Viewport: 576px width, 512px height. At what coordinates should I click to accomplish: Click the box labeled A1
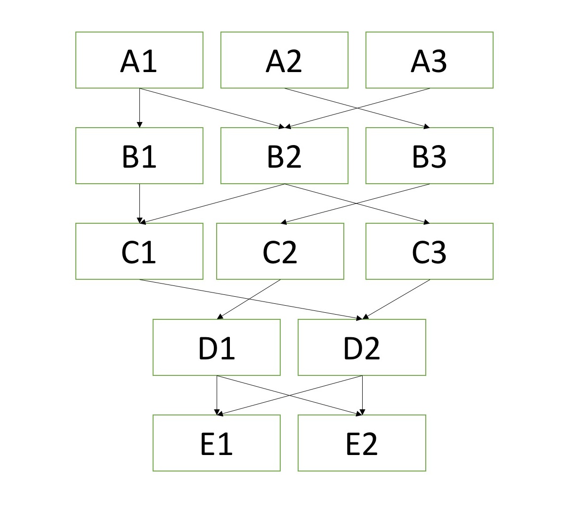point(139,60)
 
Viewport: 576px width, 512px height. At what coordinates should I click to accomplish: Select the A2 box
point(284,60)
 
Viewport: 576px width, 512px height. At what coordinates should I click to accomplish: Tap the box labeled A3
point(430,60)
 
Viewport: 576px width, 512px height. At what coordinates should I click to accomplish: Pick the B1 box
point(139,155)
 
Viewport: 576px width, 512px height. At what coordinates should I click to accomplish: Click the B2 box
point(284,155)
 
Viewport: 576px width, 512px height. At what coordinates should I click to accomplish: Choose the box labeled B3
point(430,155)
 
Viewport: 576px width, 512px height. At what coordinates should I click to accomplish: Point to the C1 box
point(139,252)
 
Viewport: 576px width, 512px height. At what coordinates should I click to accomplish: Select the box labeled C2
point(280,252)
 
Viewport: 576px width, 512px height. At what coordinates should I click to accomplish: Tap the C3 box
point(430,252)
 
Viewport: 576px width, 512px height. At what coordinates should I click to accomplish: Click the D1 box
point(217,348)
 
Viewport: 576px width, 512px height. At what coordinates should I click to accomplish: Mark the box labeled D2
point(362,348)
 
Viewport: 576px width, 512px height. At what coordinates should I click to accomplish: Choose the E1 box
point(217,443)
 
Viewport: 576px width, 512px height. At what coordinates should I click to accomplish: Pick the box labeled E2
point(362,443)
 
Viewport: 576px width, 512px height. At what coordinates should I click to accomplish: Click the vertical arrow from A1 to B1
point(139,108)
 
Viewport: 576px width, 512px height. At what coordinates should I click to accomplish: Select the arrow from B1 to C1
point(139,203)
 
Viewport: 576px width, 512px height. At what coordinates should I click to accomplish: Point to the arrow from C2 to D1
point(249,299)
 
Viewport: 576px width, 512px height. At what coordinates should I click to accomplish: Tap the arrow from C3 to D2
point(396,299)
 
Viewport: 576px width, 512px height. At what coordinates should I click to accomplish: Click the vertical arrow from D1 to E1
point(217,395)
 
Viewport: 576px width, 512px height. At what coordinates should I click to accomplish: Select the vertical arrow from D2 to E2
point(362,395)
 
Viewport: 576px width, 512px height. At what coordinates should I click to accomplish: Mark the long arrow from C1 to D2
point(251,299)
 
